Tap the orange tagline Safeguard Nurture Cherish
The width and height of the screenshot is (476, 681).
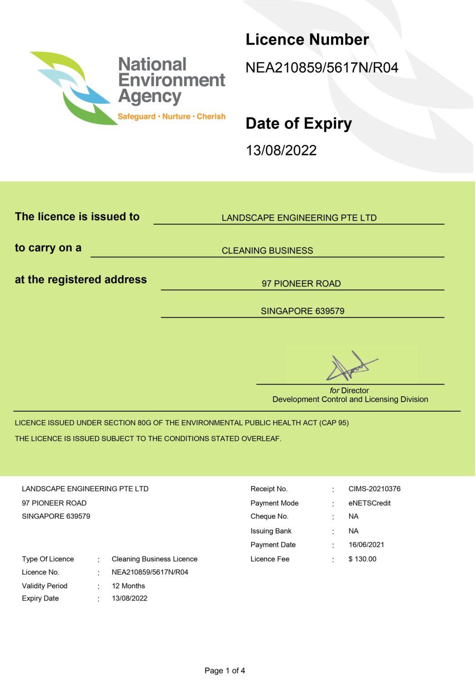click(171, 117)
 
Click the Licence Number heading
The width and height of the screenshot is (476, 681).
click(307, 40)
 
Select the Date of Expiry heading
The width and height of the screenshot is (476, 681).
click(298, 123)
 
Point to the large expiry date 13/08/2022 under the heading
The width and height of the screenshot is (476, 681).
click(281, 150)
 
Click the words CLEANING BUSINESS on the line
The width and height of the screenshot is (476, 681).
click(267, 251)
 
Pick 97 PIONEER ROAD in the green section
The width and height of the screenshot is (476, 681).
click(301, 284)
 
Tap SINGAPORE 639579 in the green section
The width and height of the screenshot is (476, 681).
click(302, 311)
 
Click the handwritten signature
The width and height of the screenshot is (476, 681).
click(350, 367)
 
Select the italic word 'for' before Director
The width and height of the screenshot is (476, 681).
click(334, 390)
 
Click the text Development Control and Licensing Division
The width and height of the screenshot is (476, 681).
click(350, 400)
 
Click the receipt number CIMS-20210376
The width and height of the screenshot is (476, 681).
click(374, 489)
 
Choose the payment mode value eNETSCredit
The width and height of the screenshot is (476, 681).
click(369, 503)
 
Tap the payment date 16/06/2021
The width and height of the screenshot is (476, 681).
click(366, 545)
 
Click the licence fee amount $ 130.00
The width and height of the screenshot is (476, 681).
click(362, 559)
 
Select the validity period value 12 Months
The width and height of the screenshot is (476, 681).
click(128, 586)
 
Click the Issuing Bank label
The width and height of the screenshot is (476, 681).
click(271, 531)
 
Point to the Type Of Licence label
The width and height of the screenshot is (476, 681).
click(48, 559)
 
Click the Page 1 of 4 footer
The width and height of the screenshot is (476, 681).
click(224, 671)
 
